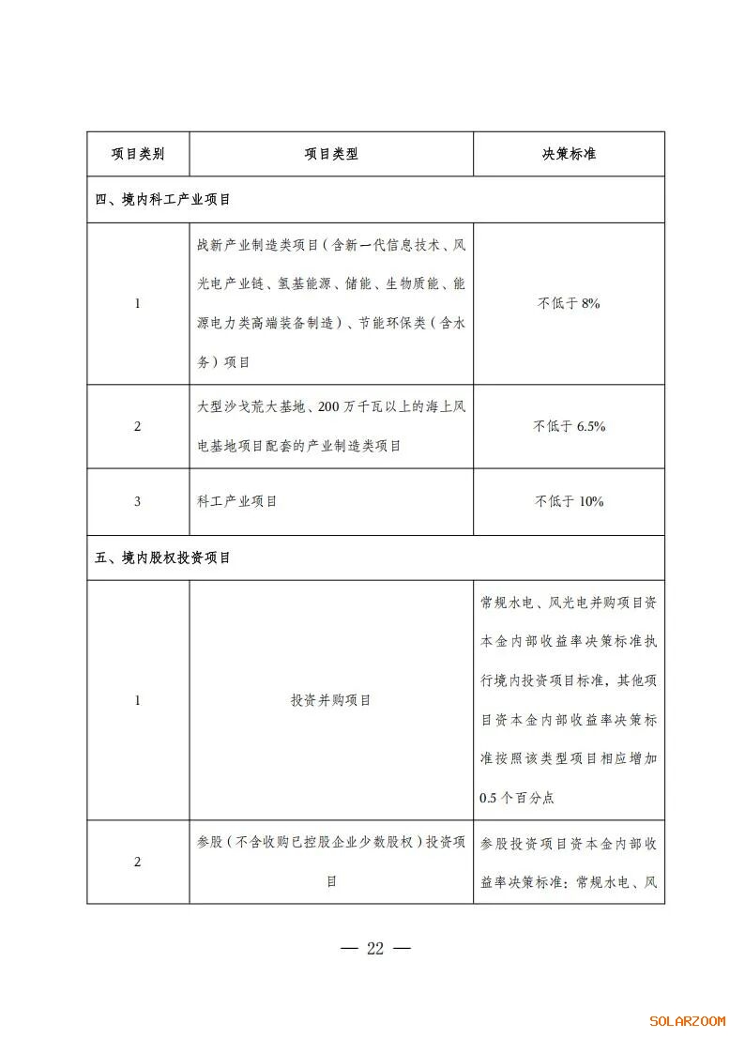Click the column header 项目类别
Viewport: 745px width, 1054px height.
(138, 154)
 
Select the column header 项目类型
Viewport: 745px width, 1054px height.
(331, 154)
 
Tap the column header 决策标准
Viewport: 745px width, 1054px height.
(569, 154)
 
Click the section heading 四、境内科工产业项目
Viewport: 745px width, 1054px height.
(163, 200)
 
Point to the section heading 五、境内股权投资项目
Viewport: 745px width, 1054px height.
(163, 558)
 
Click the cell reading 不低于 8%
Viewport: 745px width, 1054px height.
(569, 303)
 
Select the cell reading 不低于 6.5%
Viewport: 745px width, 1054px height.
(569, 426)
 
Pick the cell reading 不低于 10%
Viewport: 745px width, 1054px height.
(569, 501)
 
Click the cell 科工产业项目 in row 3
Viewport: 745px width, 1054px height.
(237, 501)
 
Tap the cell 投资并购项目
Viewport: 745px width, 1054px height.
(331, 700)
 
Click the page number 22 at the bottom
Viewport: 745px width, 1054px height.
(375, 948)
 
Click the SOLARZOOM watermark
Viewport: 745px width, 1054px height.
(687, 1021)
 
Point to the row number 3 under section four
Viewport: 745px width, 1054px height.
(137, 501)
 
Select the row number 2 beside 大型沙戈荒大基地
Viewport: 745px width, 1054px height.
(137, 426)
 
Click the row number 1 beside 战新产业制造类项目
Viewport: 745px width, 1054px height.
(137, 303)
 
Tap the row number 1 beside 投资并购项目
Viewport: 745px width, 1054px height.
(137, 700)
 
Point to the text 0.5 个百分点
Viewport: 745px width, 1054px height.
(516, 798)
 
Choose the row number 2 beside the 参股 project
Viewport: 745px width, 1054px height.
(137, 863)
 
